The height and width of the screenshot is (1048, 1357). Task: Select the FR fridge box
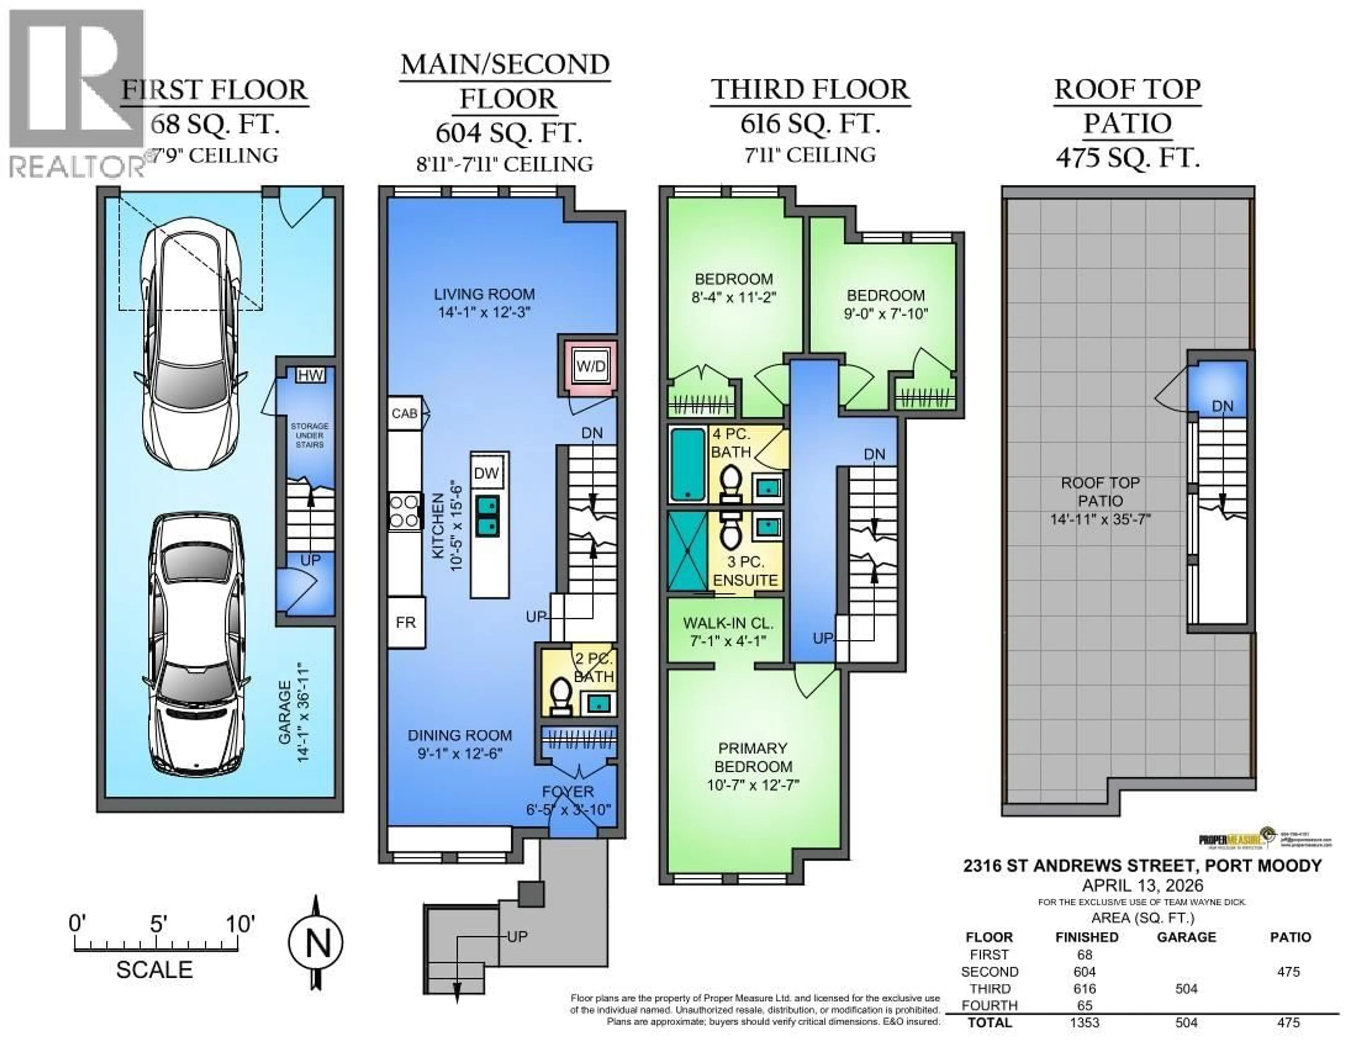(x=406, y=622)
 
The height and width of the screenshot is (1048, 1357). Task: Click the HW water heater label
(x=310, y=375)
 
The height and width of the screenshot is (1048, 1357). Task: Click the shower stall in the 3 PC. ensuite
(x=687, y=550)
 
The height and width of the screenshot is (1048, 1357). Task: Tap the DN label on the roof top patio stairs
(x=1222, y=406)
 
